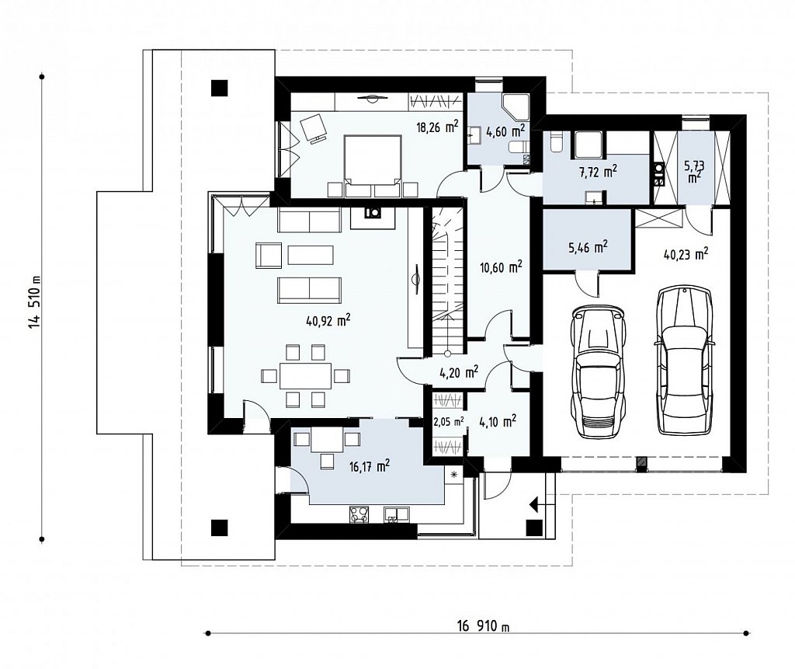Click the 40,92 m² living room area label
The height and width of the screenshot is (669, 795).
[x=328, y=320]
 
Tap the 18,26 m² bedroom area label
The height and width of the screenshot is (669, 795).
[x=438, y=127]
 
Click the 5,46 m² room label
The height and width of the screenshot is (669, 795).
[x=587, y=247]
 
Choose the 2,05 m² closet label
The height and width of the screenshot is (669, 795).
[x=448, y=421]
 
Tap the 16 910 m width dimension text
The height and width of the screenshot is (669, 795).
[x=483, y=626]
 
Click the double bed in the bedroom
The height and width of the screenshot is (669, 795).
[x=372, y=166]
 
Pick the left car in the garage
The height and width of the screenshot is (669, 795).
[x=597, y=371]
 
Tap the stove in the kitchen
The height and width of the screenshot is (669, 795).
[x=359, y=514]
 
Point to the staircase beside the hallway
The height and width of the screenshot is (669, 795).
[x=448, y=278]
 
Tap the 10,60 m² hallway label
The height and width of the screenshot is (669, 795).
[x=501, y=267]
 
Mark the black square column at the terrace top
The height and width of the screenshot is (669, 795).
[x=220, y=89]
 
